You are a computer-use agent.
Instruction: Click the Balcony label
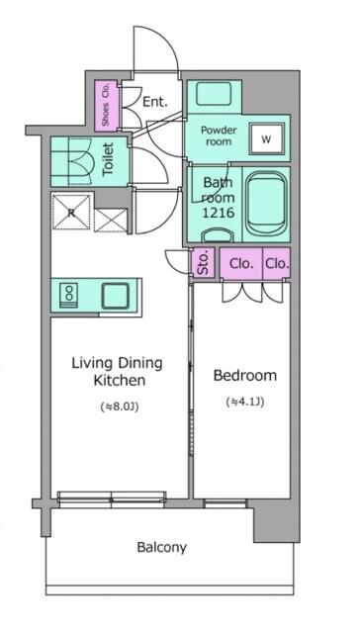162,548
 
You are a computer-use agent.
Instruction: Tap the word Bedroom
245,376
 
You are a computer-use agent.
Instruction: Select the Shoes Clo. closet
107,106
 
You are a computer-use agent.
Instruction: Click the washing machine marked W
266,139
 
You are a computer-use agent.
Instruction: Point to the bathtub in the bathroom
266,205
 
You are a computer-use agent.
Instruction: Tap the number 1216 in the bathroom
218,213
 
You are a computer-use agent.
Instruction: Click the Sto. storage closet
203,263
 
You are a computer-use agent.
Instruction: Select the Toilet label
109,159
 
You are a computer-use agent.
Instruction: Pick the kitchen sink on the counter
116,296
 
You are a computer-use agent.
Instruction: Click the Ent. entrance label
155,102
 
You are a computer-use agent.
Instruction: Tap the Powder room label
219,136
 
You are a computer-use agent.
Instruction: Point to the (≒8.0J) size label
119,407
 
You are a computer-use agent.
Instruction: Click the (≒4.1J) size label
245,403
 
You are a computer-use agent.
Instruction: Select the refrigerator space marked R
71,213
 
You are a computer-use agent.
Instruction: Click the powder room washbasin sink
214,93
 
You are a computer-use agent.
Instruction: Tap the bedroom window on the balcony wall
225,503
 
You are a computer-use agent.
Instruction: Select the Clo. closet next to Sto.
241,263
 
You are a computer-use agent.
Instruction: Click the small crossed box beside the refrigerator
111,221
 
